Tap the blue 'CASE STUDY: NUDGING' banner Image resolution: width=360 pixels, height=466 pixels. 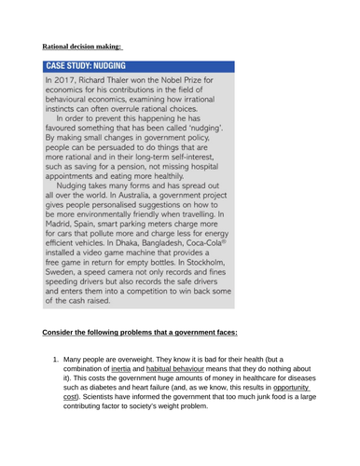tap(140, 68)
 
